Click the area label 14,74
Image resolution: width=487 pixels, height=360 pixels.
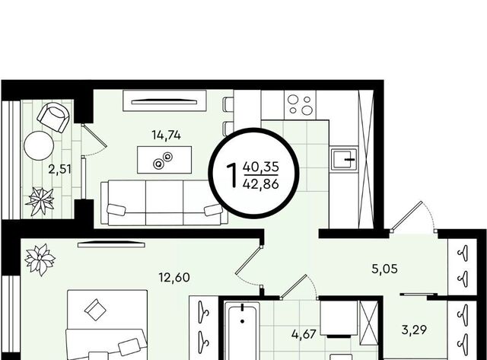166,135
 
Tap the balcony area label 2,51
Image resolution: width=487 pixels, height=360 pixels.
59,169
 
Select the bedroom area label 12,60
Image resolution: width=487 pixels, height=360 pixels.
174,277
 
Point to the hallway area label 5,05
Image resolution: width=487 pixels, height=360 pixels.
384,269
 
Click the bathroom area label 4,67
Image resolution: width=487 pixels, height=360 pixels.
304,335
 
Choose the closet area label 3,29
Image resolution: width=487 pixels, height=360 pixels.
414,330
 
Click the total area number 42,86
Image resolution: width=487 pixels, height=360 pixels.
261,184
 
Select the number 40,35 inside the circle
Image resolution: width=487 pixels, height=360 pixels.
260,167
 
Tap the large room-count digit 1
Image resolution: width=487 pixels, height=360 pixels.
232,176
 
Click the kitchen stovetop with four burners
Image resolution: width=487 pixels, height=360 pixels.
300,105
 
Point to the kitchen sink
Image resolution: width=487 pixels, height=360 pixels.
344,159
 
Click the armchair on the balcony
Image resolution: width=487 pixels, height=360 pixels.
53,116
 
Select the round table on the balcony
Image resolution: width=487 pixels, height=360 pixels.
39,145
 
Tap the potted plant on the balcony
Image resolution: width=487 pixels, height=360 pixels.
40,201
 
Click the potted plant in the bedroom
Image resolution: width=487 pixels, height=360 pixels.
40,260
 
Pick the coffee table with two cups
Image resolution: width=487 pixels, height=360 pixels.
164,160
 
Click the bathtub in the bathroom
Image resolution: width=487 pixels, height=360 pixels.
242,331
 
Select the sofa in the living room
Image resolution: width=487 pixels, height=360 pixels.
164,202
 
